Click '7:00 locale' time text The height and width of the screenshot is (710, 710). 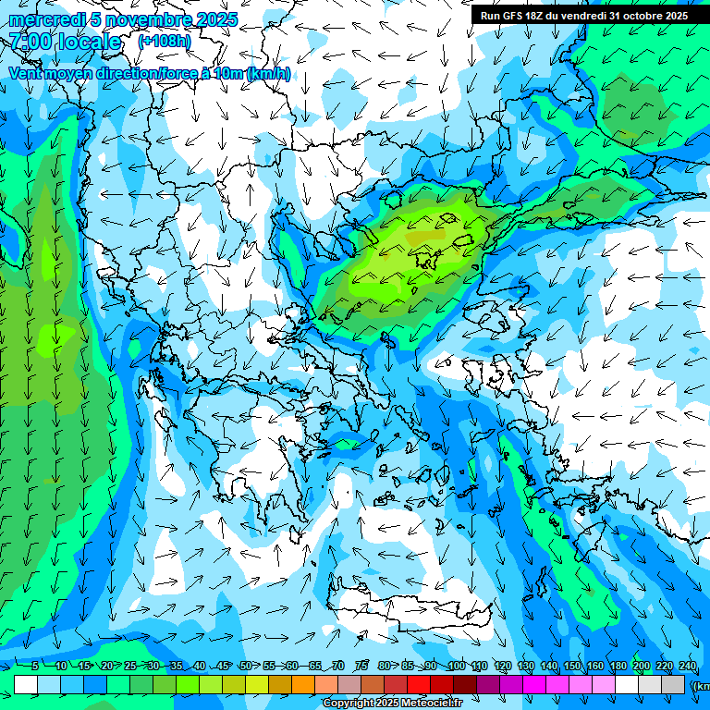[65, 43]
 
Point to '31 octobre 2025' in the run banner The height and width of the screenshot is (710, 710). [648, 16]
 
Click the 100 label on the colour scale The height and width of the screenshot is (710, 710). [456, 667]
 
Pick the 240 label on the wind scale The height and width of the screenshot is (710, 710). [687, 667]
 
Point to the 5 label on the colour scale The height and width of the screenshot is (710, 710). [34, 667]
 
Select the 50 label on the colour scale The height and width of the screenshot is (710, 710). [245, 667]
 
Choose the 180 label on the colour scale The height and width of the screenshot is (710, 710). [618, 667]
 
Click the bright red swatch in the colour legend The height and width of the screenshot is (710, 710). [419, 684]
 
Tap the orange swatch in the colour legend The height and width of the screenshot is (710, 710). [303, 684]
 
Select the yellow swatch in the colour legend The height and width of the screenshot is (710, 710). [257, 684]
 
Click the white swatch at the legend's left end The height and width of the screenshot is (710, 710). [26, 684]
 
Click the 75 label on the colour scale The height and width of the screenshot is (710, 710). [361, 667]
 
